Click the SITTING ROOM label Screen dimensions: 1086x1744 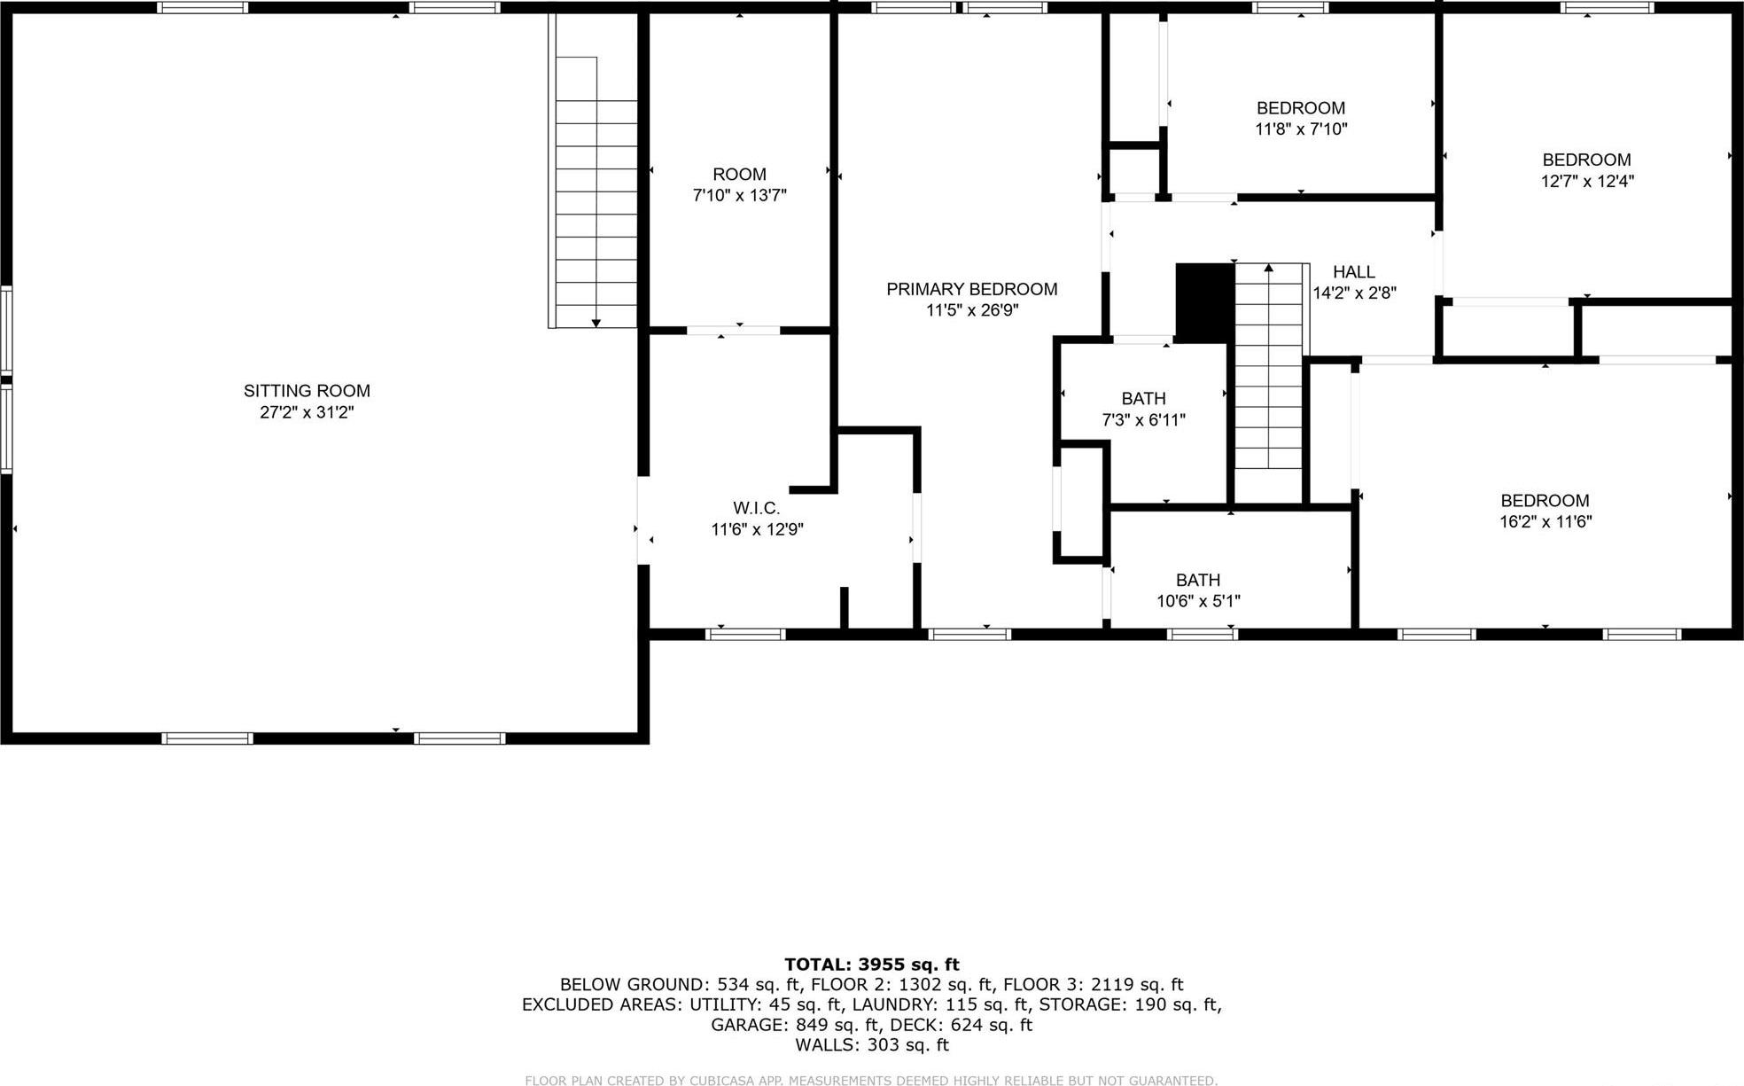[x=307, y=391]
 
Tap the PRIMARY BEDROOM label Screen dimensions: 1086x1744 [x=971, y=289]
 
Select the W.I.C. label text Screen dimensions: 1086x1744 [x=756, y=508]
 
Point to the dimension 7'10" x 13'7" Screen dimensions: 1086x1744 [x=739, y=196]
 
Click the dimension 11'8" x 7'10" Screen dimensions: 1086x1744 [x=1301, y=129]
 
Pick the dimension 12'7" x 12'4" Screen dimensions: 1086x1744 [x=1586, y=182]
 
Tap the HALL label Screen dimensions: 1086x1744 [x=1353, y=272]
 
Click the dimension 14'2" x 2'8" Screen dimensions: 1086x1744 [x=1354, y=293]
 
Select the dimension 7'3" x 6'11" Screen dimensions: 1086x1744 [x=1143, y=420]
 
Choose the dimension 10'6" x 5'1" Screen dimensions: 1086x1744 [x=1198, y=601]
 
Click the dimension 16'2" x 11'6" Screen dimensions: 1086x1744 [x=1545, y=522]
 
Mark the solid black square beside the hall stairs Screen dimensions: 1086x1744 [x=1204, y=301]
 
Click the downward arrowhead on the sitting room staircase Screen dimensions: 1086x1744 [x=596, y=323]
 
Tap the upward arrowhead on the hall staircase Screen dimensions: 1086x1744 [x=1268, y=267]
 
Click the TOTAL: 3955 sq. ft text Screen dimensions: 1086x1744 [x=871, y=965]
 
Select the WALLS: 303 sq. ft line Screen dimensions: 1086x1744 [x=871, y=1045]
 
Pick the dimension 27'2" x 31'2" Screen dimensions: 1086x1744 [x=307, y=412]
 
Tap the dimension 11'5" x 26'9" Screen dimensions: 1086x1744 [x=971, y=310]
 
